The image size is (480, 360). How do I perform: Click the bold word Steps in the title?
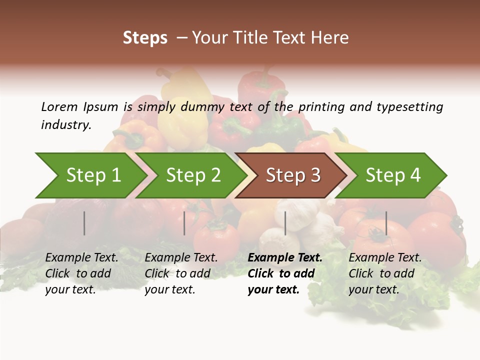point(145,38)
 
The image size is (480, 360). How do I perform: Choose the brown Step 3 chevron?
point(293,175)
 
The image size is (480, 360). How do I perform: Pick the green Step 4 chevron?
point(393,175)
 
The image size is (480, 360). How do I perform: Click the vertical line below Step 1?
point(84,223)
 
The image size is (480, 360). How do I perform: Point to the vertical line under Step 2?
point(184,223)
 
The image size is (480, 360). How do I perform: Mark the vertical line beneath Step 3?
point(285,223)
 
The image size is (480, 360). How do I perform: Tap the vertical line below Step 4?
point(386,223)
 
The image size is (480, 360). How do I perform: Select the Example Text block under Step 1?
point(81,273)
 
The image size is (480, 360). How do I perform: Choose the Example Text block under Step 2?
point(181,273)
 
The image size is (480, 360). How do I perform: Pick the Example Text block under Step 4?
point(385,273)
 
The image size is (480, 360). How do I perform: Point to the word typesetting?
point(409,107)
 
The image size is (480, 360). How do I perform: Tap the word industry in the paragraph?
point(66,125)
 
